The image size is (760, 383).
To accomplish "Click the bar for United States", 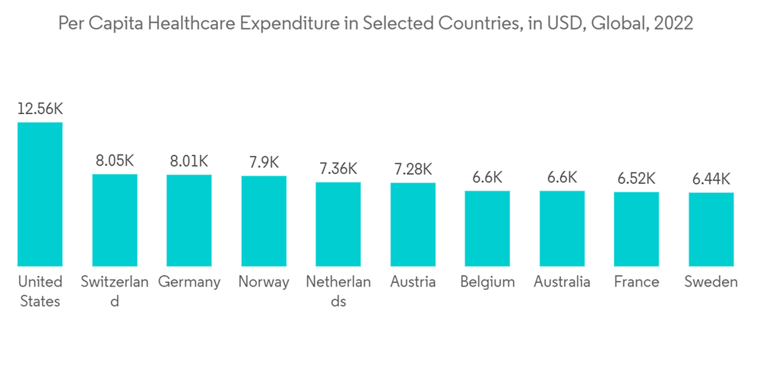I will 40,194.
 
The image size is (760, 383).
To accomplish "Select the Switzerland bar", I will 115,220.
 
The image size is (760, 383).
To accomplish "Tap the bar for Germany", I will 189,220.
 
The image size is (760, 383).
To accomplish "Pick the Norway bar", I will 264,221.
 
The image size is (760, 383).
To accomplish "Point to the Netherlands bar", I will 338,224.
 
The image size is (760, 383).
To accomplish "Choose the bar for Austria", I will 413,224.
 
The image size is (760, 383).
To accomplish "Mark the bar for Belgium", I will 487,228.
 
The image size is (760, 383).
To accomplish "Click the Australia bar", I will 562,228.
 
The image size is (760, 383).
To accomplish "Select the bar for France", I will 636,229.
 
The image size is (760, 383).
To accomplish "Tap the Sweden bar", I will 711,229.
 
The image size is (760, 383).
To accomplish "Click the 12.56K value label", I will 40,109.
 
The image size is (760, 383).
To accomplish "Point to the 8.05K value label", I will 115,161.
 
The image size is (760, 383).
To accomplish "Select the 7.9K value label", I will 264,163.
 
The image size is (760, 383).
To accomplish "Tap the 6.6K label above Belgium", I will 487,178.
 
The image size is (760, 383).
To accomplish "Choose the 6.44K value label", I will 711,179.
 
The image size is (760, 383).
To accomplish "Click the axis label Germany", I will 189,282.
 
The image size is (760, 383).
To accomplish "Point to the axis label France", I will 636,282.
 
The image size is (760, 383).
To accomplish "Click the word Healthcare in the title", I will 190,24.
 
